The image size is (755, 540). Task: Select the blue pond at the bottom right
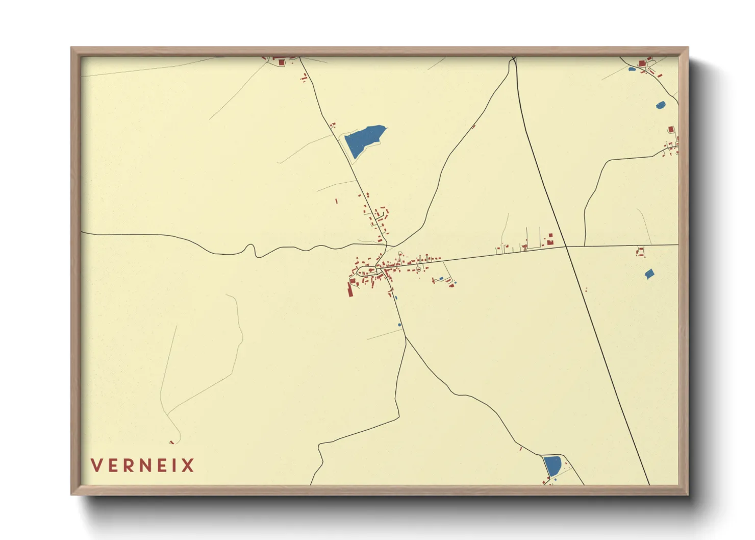click(x=552, y=466)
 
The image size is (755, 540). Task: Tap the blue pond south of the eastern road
click(x=649, y=274)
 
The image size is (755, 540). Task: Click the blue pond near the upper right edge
click(x=660, y=105)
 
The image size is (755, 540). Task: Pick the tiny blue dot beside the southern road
click(x=399, y=325)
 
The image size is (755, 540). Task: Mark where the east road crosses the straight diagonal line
click(x=566, y=247)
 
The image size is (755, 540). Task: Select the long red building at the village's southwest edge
click(x=350, y=290)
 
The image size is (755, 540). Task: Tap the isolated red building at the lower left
click(x=172, y=442)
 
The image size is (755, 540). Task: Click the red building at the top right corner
click(x=642, y=63)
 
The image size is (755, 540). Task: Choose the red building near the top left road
click(x=280, y=62)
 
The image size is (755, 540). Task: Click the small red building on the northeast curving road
click(x=473, y=126)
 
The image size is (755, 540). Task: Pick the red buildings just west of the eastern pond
click(x=640, y=252)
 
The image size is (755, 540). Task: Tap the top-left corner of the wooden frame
click(x=71, y=48)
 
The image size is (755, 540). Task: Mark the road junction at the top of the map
click(x=514, y=60)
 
